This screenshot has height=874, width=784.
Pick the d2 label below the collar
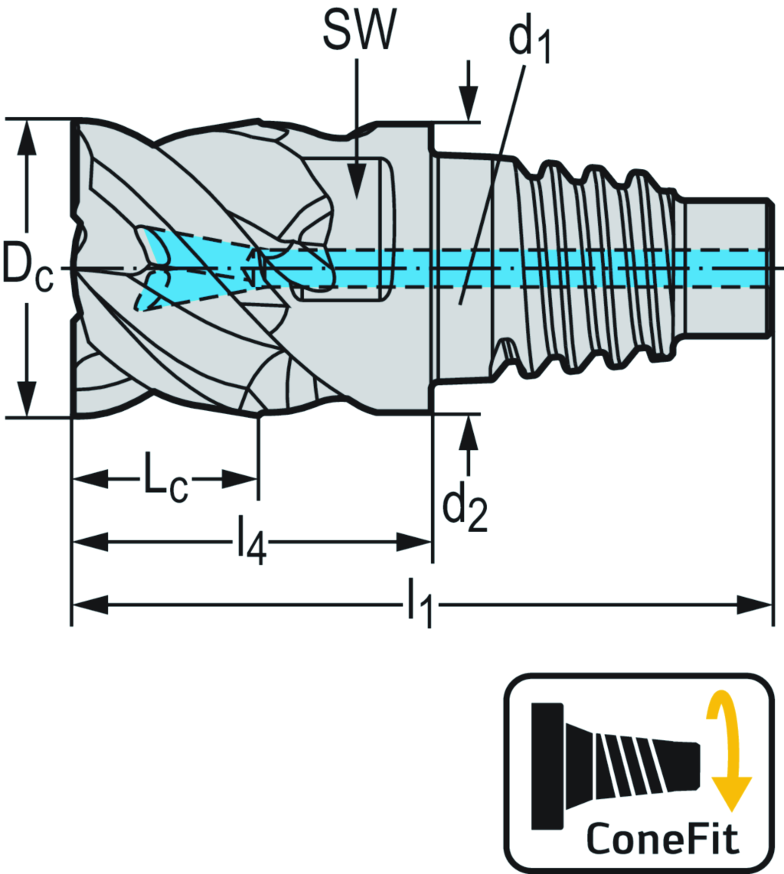click(465, 508)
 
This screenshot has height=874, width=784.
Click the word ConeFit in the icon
click(663, 839)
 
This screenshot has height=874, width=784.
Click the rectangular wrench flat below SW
click(348, 230)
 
